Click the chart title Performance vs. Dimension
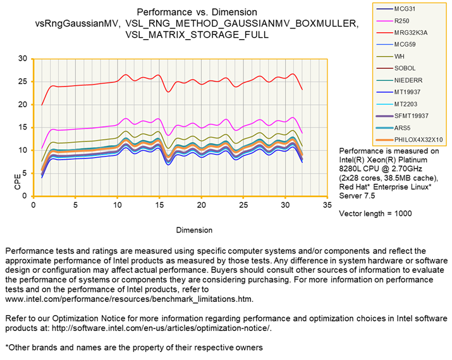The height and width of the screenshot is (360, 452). click(197, 12)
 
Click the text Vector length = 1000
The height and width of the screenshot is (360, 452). click(376, 214)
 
